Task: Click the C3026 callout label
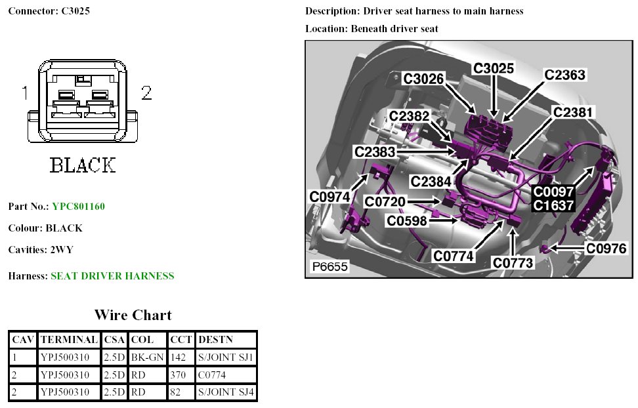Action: point(424,79)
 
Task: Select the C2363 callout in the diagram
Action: point(564,75)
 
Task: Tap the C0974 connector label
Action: point(330,196)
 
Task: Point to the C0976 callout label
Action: point(606,249)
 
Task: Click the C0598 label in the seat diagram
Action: point(407,221)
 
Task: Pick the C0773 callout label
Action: point(513,263)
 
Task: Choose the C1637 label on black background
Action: point(553,205)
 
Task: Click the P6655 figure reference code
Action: point(330,267)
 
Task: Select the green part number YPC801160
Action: point(78,207)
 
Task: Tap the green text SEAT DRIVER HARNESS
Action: point(112,276)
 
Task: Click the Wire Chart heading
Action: point(133,315)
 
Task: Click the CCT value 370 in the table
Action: point(177,375)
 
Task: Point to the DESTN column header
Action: point(217,340)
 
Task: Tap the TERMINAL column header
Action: point(68,340)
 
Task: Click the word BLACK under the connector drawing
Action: point(83,165)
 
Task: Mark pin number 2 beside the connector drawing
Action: point(146,93)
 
